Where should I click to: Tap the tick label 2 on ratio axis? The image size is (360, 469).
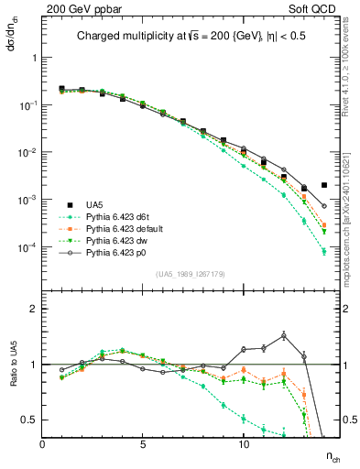point(32,309)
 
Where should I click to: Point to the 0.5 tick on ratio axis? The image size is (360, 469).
point(28,420)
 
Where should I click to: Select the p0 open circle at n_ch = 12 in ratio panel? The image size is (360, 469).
point(284,335)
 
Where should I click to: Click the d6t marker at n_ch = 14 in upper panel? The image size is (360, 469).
point(324,252)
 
